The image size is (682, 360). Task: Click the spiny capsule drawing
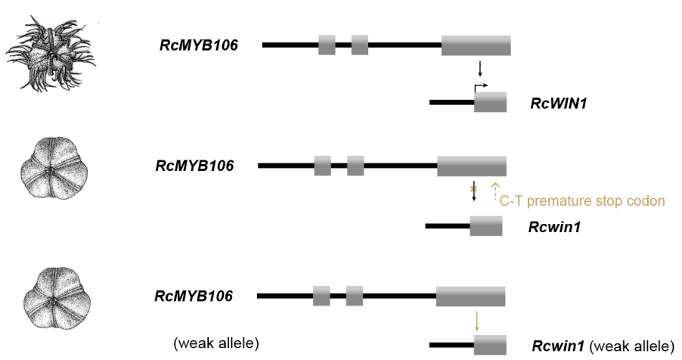tap(51, 54)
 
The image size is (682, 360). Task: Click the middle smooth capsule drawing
tap(54, 169)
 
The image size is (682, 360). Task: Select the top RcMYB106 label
tap(199, 45)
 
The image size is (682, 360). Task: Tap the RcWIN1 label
tap(559, 103)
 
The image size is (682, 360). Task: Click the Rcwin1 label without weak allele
tap(554, 227)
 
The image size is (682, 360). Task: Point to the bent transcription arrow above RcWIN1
tap(481, 88)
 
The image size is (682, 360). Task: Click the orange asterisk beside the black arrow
tap(473, 189)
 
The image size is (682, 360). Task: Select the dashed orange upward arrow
tap(495, 191)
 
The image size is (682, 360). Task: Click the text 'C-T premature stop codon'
tap(582, 200)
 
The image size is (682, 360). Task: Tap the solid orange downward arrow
tap(477, 321)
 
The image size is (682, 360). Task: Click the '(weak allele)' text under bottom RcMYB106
tap(216, 343)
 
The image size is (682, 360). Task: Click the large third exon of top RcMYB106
tap(476, 45)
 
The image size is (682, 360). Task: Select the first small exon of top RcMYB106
tap(327, 45)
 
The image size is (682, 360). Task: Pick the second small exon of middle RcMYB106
tap(355, 166)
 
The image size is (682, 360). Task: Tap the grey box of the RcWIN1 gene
tap(490, 102)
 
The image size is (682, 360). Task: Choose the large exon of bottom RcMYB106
tap(470, 296)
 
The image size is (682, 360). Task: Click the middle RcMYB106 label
tap(194, 166)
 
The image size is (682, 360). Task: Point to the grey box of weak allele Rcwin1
tap(490, 345)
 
